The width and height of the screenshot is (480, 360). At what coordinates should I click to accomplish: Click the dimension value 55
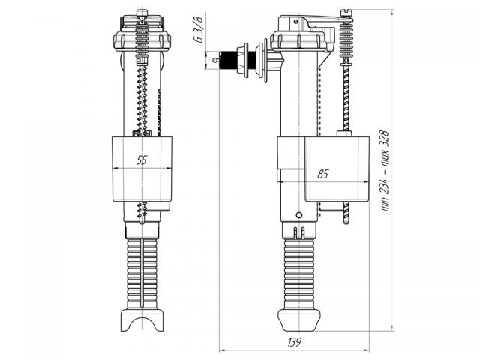142,160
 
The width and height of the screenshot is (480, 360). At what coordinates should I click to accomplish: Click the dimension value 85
322,174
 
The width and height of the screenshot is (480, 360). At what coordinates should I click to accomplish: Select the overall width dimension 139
294,342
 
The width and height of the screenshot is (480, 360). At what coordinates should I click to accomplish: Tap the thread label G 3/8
198,29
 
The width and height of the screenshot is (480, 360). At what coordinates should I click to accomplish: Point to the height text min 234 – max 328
385,171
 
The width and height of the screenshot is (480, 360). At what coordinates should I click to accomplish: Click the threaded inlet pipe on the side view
229,60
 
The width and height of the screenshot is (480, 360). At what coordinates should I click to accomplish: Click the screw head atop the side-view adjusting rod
346,13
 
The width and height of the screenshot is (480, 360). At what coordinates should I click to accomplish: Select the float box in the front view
142,169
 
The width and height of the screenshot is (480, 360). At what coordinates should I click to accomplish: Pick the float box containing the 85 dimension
337,169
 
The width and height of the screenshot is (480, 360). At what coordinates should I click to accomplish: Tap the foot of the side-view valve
298,320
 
